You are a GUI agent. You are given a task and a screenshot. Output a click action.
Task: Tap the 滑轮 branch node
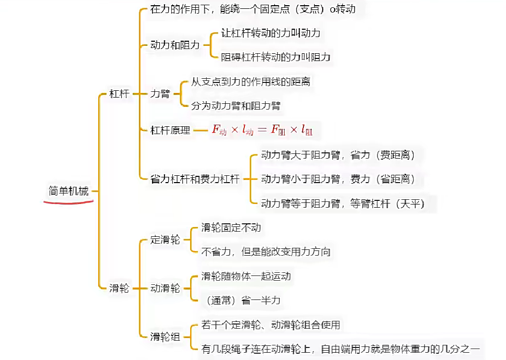click(x=119, y=288)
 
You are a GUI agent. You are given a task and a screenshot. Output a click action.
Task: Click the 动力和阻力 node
click(x=175, y=45)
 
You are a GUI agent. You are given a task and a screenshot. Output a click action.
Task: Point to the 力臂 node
click(x=160, y=94)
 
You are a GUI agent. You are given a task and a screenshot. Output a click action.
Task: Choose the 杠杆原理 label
click(x=170, y=130)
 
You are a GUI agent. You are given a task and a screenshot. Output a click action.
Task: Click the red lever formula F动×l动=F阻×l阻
click(x=262, y=130)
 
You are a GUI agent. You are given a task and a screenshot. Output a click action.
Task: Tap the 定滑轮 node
click(x=165, y=240)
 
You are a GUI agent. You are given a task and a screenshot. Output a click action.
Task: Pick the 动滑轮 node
click(x=165, y=288)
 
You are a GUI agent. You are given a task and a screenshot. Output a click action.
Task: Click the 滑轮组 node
click(x=165, y=337)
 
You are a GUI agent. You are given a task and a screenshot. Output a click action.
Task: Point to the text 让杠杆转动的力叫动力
click(x=267, y=33)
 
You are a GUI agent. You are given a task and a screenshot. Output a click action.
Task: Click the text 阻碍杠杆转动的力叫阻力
click(x=276, y=57)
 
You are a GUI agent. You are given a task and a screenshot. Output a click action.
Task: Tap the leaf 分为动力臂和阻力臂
click(x=236, y=106)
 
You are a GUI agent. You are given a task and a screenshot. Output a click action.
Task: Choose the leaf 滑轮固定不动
click(x=231, y=228)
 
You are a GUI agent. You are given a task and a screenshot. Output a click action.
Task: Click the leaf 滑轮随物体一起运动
click(x=246, y=276)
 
